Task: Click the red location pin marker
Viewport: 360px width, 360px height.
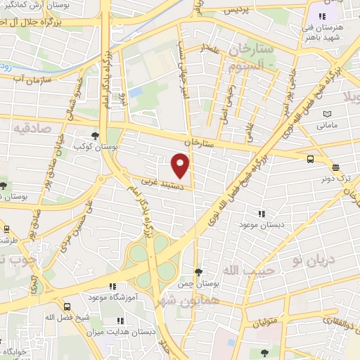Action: tap(181, 166)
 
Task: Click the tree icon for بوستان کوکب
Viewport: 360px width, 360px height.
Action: tap(95, 136)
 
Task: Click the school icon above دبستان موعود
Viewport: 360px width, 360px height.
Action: tap(262, 213)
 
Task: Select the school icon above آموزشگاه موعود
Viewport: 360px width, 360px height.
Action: tap(112, 286)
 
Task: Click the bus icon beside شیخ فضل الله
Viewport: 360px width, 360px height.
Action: tap(67, 307)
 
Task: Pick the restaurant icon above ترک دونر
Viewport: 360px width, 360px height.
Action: tap(335, 168)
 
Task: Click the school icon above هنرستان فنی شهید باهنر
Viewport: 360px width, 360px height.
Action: tap(323, 17)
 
